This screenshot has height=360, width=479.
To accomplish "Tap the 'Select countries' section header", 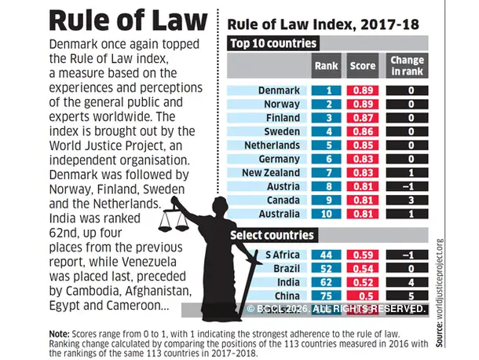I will point(272,235).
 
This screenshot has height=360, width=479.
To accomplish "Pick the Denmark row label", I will point(278,90).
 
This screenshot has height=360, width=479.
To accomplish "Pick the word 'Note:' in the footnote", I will point(59,333).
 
